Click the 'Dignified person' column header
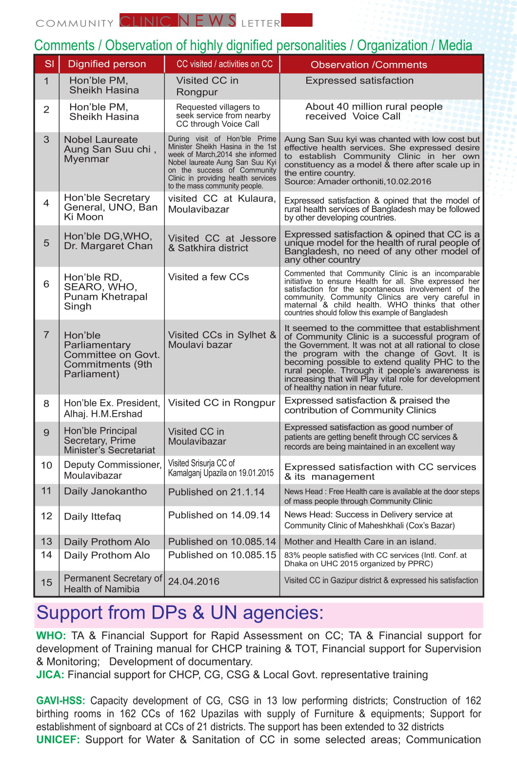[107, 64]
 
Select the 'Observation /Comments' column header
[369, 65]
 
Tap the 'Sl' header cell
[49, 64]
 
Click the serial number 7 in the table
[46, 334]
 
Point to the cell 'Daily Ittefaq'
[92, 516]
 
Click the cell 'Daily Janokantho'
[105, 491]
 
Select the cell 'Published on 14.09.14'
[219, 515]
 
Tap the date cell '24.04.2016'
[194, 581]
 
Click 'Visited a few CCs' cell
[208, 277]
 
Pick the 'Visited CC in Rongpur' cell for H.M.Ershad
[221, 403]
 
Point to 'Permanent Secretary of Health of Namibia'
[113, 584]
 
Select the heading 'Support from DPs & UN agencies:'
[180, 613]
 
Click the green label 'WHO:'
[51, 636]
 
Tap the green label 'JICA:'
[50, 675]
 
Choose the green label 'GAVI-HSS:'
[60, 701]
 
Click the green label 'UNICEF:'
[58, 740]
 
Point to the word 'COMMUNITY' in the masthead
[75, 23]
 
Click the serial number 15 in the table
[46, 582]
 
